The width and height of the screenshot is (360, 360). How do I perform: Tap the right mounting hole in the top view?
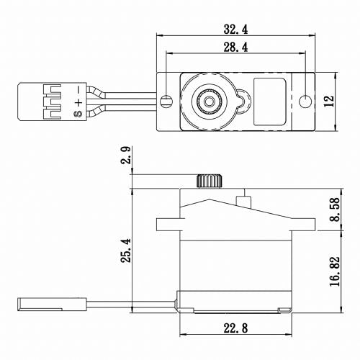pyautogui.click(x=307, y=99)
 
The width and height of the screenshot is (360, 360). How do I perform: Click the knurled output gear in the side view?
pyautogui.click(x=208, y=181)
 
